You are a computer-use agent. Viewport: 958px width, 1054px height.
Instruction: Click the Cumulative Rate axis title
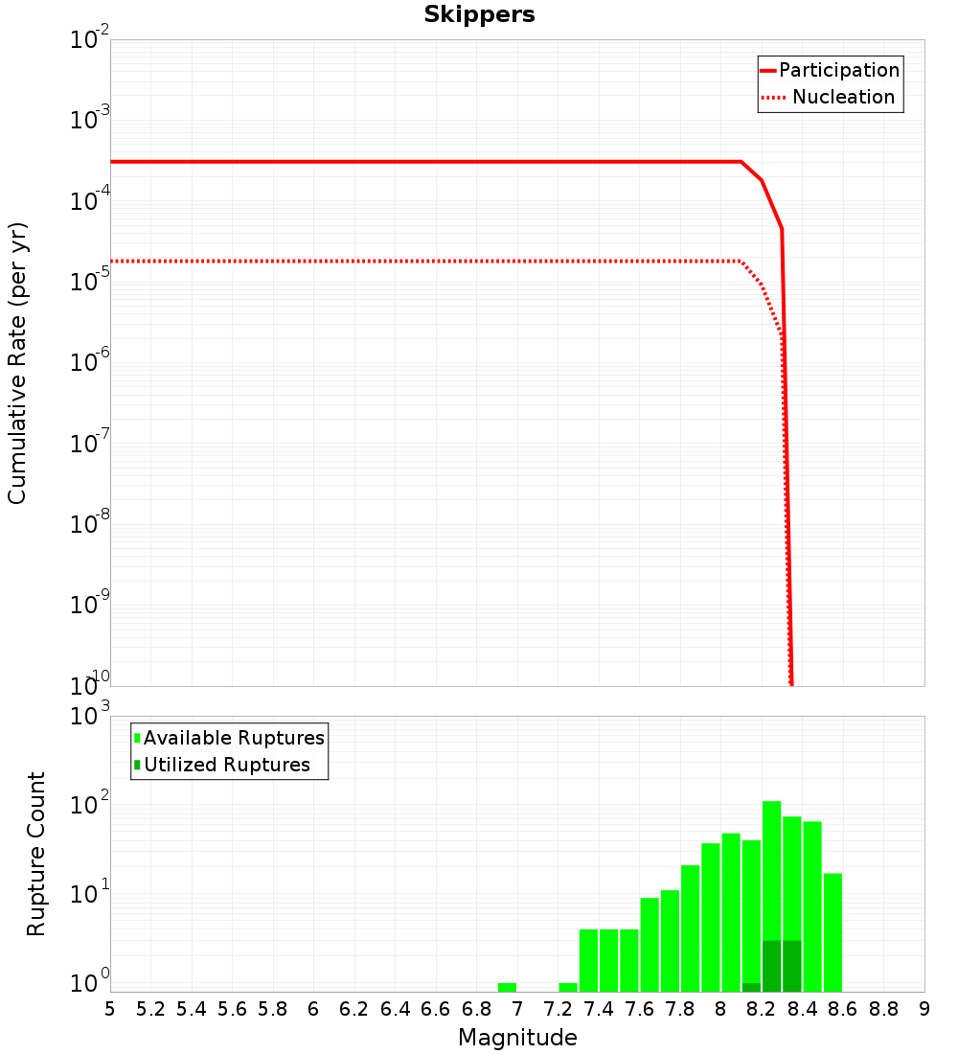tap(17, 362)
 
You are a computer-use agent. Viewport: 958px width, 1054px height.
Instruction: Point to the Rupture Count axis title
tap(36, 854)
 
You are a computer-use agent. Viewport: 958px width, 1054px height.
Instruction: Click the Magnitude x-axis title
tap(517, 1038)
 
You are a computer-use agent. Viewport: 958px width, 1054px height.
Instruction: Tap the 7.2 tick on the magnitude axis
tap(559, 1009)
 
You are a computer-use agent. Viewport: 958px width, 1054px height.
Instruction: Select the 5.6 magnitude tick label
tap(232, 1009)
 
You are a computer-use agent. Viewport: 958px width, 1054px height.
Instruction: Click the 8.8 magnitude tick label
tap(884, 1009)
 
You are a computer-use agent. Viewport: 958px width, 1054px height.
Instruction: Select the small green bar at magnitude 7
tap(507, 987)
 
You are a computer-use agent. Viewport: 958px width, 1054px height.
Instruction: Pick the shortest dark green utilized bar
tap(751, 987)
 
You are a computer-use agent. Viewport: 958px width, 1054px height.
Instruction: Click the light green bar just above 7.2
tap(568, 987)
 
